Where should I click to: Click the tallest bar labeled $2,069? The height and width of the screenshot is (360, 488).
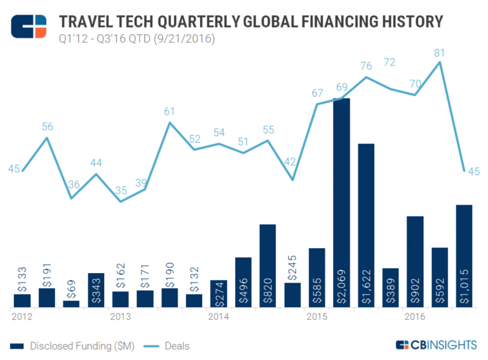point(341,203)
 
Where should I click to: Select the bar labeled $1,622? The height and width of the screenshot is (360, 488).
point(366,225)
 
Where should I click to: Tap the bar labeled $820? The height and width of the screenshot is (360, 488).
point(268,266)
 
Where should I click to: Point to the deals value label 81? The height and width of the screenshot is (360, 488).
point(439,53)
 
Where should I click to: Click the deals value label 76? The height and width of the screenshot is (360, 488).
point(366,66)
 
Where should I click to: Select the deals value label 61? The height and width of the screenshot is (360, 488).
point(170,112)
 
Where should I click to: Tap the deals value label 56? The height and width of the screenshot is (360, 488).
point(47,126)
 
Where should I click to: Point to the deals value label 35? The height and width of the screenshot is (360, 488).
point(121,190)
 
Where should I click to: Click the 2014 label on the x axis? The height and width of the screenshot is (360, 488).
point(218,316)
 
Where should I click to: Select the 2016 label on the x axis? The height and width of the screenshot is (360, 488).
point(414,316)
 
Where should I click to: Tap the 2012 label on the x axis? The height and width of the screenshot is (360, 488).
point(22,316)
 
